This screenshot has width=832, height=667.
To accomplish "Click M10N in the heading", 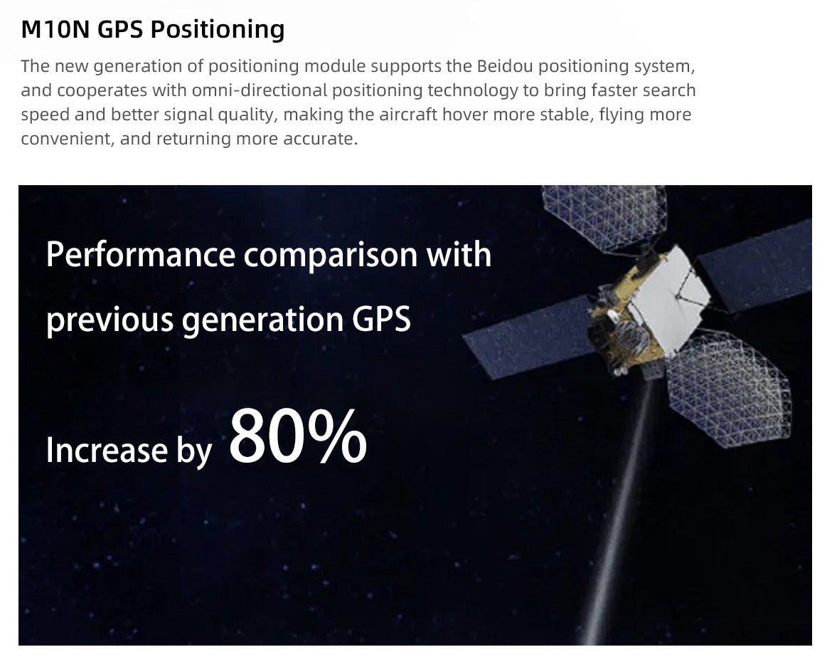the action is pyautogui.click(x=55, y=29).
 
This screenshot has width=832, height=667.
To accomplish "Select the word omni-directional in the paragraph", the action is pyautogui.click(x=260, y=90).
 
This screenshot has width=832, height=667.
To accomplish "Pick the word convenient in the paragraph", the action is pyautogui.click(x=68, y=139).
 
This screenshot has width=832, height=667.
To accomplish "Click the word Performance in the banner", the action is pyautogui.click(x=141, y=254).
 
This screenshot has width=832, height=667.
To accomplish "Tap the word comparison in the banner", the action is pyautogui.click(x=331, y=256).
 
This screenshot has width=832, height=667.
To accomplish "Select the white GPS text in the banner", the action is pyautogui.click(x=381, y=320).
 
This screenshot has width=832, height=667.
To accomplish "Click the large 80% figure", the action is pyautogui.click(x=298, y=436).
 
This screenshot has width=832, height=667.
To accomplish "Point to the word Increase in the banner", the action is pyautogui.click(x=107, y=451).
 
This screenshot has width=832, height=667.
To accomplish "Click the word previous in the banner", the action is pyautogui.click(x=110, y=321).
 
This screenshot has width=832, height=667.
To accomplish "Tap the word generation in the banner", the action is pyautogui.click(x=262, y=321).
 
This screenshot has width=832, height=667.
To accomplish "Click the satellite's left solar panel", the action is pyautogui.click(x=530, y=337).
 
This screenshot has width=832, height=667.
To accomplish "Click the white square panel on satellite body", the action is pyautogui.click(x=670, y=300).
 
